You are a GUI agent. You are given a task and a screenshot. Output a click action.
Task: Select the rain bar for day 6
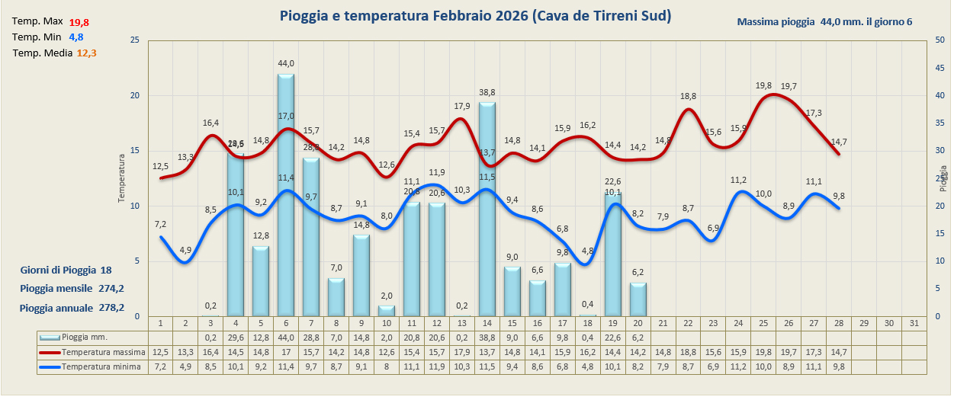pyautogui.click(x=285, y=198)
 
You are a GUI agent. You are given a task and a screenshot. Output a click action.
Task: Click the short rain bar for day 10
pyautogui.click(x=386, y=311)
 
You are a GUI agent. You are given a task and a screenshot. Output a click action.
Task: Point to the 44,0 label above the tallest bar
pyautogui.click(x=286, y=63)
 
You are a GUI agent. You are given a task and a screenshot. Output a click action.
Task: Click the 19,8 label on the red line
pyautogui.click(x=763, y=86)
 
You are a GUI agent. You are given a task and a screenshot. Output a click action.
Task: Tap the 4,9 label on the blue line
pyautogui.click(x=185, y=250)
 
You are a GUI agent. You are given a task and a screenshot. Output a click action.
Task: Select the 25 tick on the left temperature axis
pyautogui.click(x=134, y=40)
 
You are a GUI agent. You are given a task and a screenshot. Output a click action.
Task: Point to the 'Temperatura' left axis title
pyautogui.click(x=120, y=178)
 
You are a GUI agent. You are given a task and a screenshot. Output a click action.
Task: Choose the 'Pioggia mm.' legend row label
pyautogui.click(x=84, y=337)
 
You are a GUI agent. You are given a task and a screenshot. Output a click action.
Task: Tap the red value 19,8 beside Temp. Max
pyautogui.click(x=79, y=22)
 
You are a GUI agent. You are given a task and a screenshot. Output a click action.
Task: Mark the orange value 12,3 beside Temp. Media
pyautogui.click(x=86, y=53)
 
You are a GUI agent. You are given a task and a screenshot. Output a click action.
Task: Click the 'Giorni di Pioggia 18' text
pyautogui.click(x=66, y=270)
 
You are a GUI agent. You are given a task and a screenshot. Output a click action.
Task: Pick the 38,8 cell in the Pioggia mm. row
pyautogui.click(x=487, y=337)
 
